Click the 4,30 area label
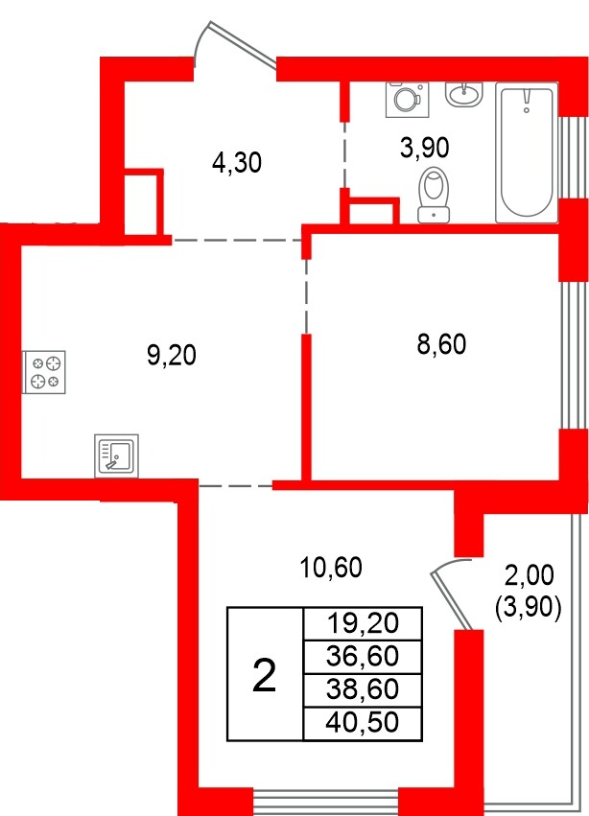click(236, 163)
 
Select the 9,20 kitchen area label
click(171, 356)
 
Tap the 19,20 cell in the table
click(361, 623)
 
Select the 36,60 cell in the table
click(361, 657)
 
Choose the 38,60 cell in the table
click(361, 689)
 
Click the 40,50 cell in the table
click(361, 722)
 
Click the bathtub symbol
click(526, 152)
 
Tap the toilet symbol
click(436, 194)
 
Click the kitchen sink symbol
click(116, 455)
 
